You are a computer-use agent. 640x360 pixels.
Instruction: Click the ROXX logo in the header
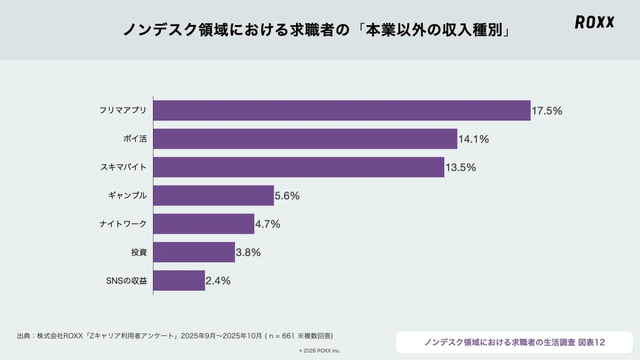pyautogui.click(x=595, y=22)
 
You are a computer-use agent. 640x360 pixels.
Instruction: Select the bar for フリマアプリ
pyautogui.click(x=342, y=110)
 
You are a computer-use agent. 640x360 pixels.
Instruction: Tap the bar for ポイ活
pyautogui.click(x=305, y=139)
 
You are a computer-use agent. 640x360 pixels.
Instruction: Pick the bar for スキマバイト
pyautogui.click(x=299, y=167)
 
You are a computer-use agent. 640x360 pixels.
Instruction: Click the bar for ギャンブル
pyautogui.click(x=213, y=196)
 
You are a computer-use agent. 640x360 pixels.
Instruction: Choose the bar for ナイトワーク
pyautogui.click(x=204, y=224)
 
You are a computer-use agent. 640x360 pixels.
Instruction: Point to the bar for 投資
pyautogui.click(x=194, y=252)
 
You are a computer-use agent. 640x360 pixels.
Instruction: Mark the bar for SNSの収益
pyautogui.click(x=179, y=281)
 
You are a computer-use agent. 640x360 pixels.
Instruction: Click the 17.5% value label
pyautogui.click(x=547, y=111)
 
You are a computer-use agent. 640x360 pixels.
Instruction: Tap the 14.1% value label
pyautogui.click(x=474, y=139)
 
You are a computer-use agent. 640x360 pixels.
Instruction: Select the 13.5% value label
pyautogui.click(x=461, y=167)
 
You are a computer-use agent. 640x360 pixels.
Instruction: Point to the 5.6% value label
pyautogui.click(x=287, y=196)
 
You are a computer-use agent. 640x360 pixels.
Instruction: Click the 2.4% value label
pyautogui.click(x=218, y=281)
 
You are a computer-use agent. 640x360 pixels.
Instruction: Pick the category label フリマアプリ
pyautogui.click(x=123, y=111)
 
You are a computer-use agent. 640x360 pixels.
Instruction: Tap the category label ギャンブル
pyautogui.click(x=127, y=196)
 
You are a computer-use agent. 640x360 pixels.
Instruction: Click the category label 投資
pyautogui.click(x=139, y=252)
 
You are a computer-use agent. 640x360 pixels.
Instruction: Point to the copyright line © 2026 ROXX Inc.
pyautogui.click(x=319, y=350)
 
